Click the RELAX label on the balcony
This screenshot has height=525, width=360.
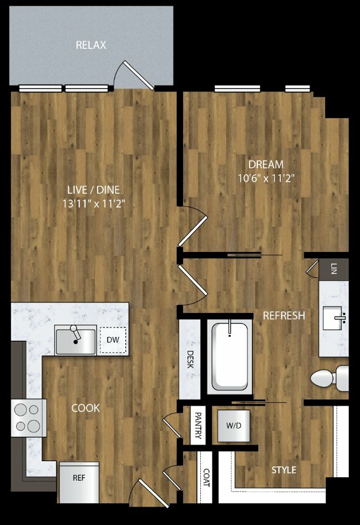(91, 45)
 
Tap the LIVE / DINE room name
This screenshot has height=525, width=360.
(94, 190)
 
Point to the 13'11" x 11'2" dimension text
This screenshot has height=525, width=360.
(94, 204)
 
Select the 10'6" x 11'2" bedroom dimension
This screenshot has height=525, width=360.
(266, 178)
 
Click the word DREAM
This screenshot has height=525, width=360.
(266, 164)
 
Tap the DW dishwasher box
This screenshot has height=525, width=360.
(113, 340)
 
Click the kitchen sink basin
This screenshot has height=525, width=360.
(76, 341)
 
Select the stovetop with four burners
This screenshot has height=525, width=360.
(29, 418)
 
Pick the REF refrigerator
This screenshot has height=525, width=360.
(79, 482)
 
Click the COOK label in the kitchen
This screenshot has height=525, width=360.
(85, 408)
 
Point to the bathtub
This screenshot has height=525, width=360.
(230, 357)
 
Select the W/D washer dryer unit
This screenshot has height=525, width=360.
(234, 426)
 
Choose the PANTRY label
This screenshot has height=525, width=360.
(198, 426)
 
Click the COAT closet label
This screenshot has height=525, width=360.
(206, 477)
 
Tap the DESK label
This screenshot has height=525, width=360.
(190, 359)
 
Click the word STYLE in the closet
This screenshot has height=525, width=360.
(283, 470)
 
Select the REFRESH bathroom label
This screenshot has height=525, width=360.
(283, 315)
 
